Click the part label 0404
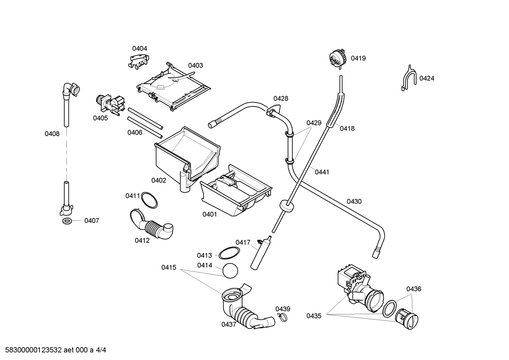(x=139, y=48)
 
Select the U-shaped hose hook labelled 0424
(x=409, y=78)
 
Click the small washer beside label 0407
(x=67, y=220)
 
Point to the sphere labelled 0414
(x=230, y=271)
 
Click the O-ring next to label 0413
(x=229, y=253)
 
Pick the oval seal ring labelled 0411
(x=149, y=200)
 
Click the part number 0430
(x=354, y=201)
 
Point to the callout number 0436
(x=414, y=289)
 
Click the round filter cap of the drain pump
(x=407, y=319)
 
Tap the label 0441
(x=322, y=172)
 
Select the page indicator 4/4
(x=101, y=350)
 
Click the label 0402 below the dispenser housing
(x=158, y=180)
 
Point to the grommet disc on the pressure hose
(x=286, y=206)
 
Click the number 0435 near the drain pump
(x=314, y=316)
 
